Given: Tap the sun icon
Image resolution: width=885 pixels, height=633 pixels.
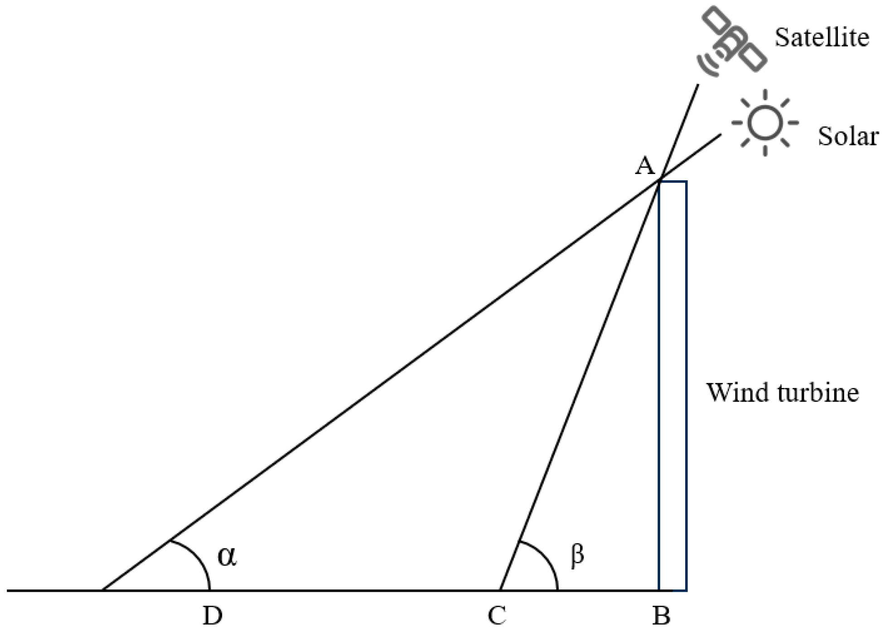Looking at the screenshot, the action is (x=765, y=123).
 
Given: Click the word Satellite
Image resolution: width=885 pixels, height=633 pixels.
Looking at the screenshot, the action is (x=822, y=37).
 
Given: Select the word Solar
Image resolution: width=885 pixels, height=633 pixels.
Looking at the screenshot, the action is (x=848, y=136).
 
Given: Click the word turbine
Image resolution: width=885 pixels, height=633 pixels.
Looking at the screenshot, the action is (x=818, y=392).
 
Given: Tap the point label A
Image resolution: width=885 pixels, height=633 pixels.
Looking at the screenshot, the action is (x=645, y=166).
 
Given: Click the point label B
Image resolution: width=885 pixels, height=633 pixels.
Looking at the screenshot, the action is (x=661, y=616).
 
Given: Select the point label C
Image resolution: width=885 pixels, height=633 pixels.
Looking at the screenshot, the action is (x=497, y=616).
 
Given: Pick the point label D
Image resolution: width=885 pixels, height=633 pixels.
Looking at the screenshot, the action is (x=212, y=616).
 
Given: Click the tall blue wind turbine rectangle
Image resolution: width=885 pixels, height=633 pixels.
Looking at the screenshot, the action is (x=672, y=385).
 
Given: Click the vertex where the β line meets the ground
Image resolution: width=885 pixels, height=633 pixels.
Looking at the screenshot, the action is (x=500, y=590).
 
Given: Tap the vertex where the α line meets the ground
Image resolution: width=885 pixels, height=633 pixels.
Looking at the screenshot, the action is (x=102, y=590).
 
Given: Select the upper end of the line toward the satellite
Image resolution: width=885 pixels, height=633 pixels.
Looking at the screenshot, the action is (x=697, y=85).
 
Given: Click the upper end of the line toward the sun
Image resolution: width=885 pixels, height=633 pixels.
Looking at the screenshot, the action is (x=721, y=134).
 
